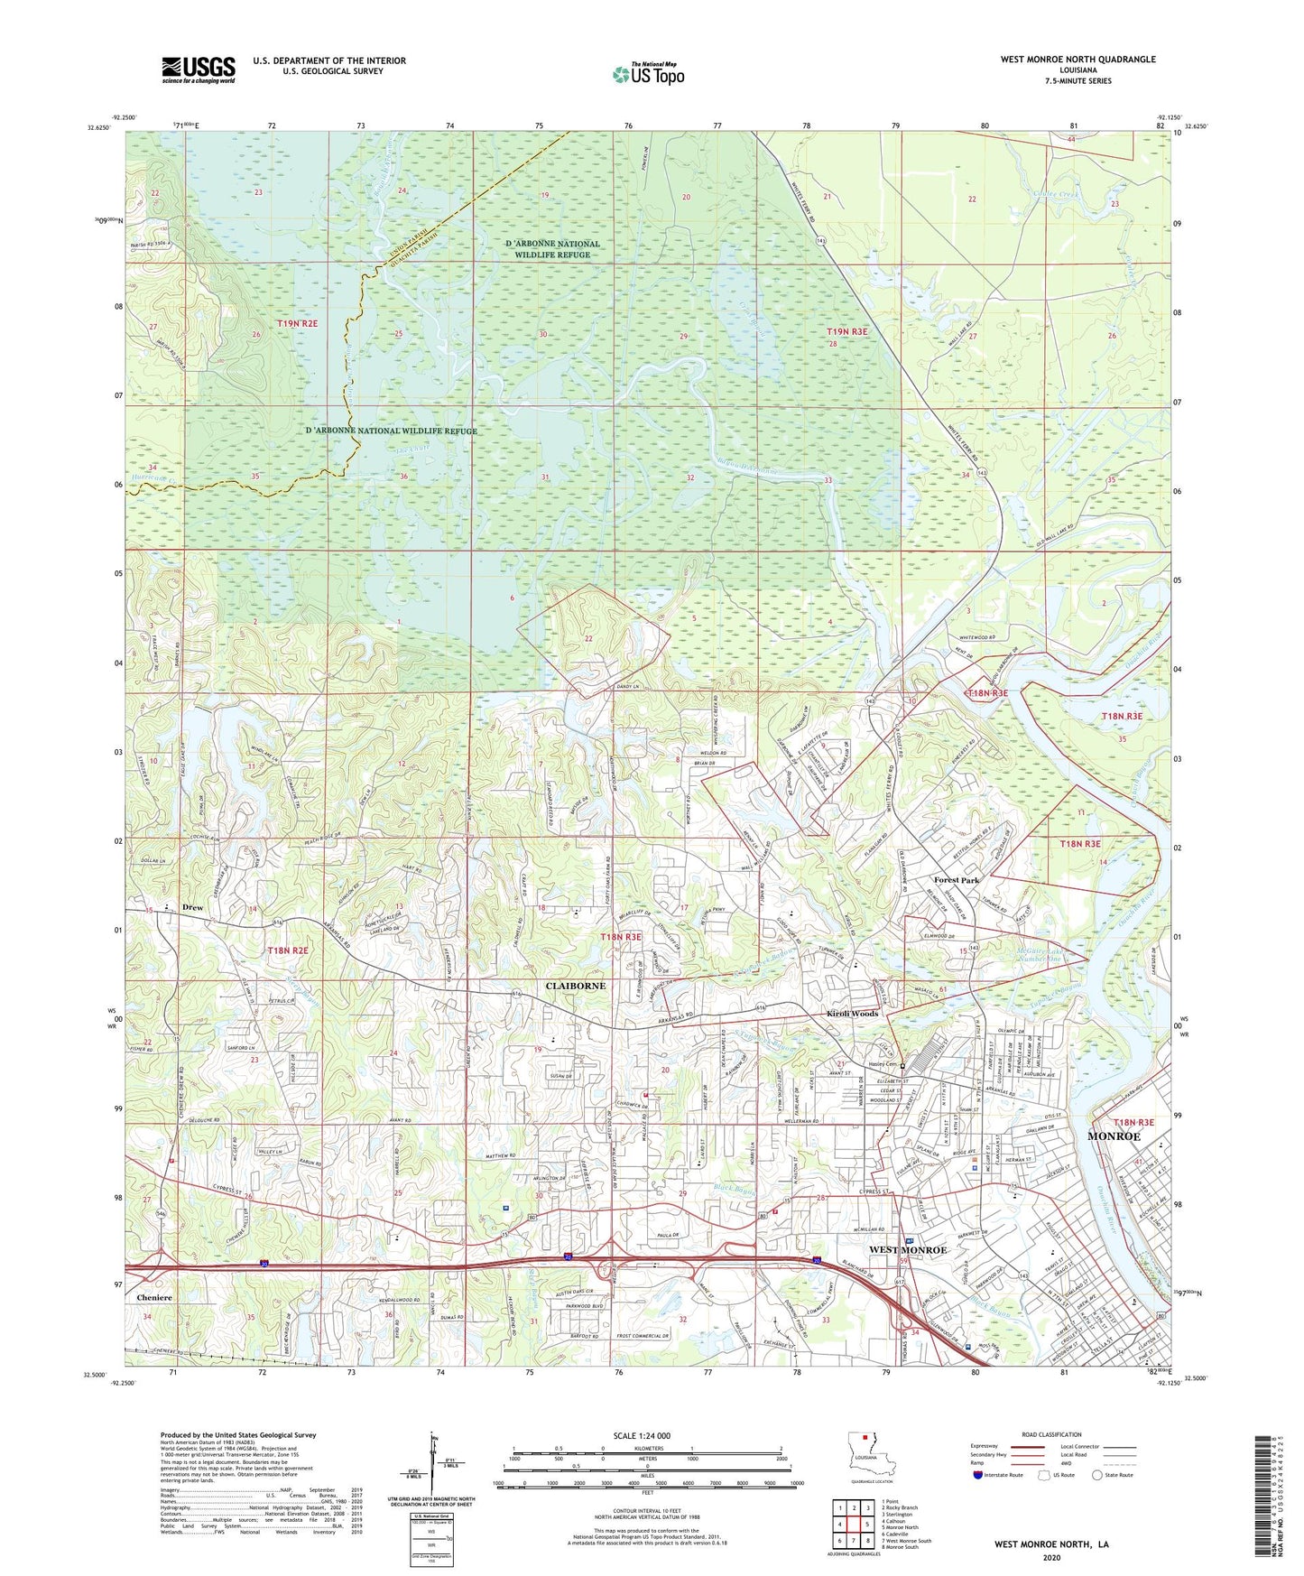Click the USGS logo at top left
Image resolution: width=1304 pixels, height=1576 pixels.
pos(198,70)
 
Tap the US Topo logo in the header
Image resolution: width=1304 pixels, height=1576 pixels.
pos(648,74)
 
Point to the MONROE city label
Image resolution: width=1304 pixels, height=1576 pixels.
pos(1114,1136)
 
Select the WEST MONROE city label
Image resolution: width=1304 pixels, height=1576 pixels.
pos(907,1250)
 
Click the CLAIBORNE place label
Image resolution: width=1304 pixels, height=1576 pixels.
pos(576,987)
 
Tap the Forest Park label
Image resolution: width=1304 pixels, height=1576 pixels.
pos(956,880)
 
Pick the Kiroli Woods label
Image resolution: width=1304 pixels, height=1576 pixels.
pos(852,1014)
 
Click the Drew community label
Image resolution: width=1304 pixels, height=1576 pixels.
pos(192,907)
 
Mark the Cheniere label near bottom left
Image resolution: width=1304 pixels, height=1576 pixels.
pos(154,1298)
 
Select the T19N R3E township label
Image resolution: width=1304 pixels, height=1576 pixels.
pos(846,332)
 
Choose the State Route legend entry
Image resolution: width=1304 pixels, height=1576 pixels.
pos(1111,1475)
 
